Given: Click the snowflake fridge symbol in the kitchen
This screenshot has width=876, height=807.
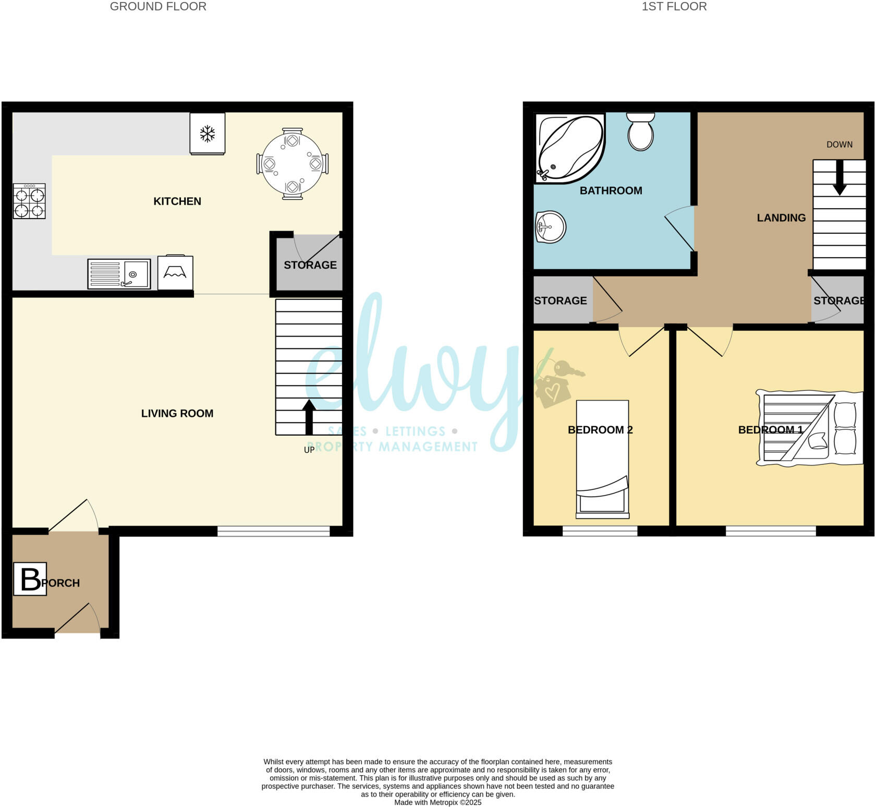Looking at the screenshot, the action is pos(208,134).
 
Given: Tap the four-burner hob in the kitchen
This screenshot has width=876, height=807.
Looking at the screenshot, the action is pos(29,201).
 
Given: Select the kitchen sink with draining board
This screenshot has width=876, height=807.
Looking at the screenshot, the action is pos(119,274).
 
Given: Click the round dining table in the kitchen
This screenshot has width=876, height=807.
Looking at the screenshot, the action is pos(293,164).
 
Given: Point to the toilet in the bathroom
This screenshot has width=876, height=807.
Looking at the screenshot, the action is pos(641,131).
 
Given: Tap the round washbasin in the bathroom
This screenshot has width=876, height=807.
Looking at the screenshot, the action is pos(550,227).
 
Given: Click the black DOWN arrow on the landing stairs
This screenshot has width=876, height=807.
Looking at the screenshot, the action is pos(839,177).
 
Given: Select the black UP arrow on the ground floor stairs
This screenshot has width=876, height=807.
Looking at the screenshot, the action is pos(309,417).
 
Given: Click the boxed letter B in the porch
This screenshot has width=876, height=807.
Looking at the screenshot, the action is pos(30,579).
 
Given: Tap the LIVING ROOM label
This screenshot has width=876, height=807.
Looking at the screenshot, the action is pos(177,413).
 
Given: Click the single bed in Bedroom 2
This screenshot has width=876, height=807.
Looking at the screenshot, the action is pos(602,459).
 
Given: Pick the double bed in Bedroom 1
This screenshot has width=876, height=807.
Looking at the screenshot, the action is pos(808,428).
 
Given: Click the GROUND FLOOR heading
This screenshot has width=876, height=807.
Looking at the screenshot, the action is pos(158,6).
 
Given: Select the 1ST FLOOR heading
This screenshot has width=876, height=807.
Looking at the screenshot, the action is pos(674,6).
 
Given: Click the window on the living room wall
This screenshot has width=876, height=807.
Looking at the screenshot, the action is pos(274,531).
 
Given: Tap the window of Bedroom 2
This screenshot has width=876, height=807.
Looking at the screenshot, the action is pos(600,531).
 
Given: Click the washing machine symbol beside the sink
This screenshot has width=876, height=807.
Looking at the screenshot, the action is pos(175,272).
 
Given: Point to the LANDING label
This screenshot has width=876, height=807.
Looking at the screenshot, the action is pos(781,218).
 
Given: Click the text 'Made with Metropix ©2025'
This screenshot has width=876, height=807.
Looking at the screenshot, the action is pos(437,802).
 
